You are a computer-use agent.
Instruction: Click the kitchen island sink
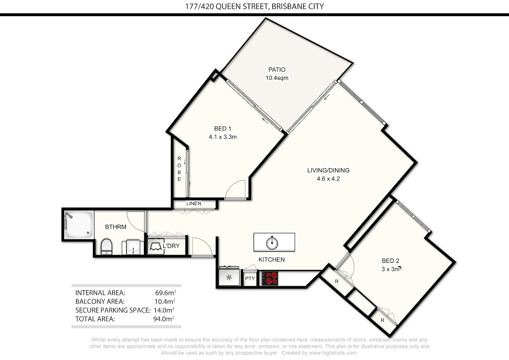272,243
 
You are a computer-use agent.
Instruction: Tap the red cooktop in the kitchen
270,278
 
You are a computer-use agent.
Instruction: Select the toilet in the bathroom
106,247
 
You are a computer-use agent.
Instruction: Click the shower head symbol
69,215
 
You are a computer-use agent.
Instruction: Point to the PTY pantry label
250,278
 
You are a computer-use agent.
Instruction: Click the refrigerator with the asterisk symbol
229,277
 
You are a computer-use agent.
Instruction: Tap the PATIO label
277,70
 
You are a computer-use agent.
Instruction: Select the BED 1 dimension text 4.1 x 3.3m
223,137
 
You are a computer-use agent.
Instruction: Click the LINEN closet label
193,203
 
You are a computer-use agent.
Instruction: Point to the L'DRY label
171,246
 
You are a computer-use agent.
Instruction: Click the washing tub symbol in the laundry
156,246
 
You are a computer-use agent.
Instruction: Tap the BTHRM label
116,227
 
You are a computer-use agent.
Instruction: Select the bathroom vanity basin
133,247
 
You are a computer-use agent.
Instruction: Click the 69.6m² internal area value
165,292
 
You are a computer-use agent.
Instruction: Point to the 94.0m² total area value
164,319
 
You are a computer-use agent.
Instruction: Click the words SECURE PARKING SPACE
113,310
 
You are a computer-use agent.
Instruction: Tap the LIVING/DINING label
328,170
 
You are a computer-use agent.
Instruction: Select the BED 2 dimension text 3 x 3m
391,269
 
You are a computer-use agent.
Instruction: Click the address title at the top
255,6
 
